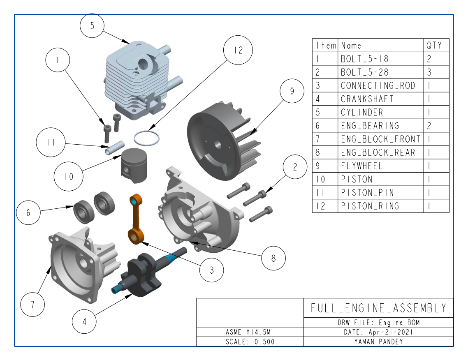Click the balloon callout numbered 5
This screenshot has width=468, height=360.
[92, 25]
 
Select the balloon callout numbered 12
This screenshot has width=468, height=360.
[238, 50]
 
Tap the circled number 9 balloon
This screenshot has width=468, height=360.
[292, 91]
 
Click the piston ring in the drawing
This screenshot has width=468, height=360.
[146, 138]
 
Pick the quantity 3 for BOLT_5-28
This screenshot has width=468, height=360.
[429, 72]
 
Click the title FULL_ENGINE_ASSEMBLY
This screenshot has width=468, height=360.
[378, 308]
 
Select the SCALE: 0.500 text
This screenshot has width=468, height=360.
[250, 342]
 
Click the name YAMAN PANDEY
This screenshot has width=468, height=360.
[378, 342]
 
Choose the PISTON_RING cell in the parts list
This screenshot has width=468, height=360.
[370, 206]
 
